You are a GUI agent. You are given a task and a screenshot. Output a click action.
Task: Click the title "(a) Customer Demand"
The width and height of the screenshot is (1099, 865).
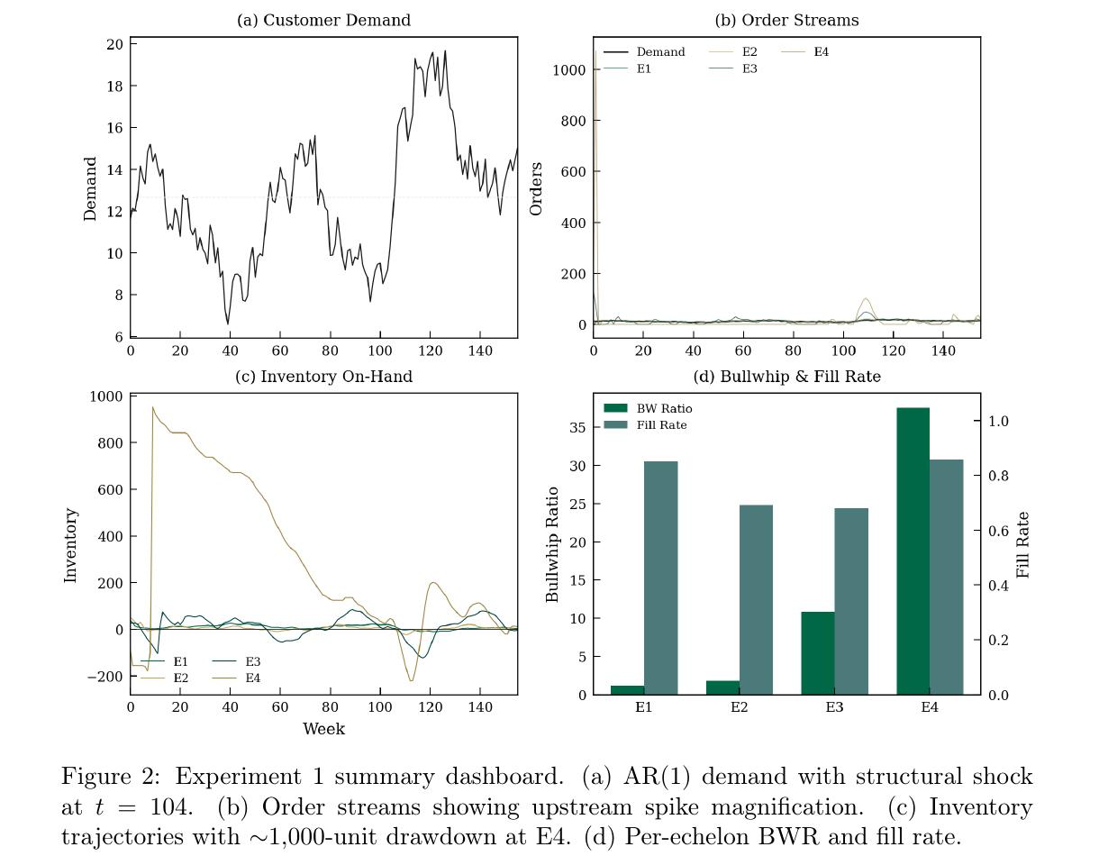coord(323,20)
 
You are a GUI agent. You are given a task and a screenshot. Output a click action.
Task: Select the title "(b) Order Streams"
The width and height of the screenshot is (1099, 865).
coord(786,20)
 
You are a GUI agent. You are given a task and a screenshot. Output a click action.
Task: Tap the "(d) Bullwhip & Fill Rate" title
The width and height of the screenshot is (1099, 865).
coord(786,377)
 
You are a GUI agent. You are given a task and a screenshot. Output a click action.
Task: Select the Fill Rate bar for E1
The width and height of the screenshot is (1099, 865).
coord(660,578)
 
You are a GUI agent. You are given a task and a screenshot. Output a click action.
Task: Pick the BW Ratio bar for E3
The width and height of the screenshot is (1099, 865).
coord(817,653)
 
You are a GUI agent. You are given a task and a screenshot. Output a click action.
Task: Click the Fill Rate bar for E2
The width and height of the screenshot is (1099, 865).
coord(756,600)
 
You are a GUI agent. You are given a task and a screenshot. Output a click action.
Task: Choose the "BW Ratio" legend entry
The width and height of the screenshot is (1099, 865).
coord(662,408)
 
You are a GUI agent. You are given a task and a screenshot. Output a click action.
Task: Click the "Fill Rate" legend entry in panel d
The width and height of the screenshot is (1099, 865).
coord(662,424)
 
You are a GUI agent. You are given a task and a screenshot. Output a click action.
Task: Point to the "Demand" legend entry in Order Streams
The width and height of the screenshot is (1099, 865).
coord(659,52)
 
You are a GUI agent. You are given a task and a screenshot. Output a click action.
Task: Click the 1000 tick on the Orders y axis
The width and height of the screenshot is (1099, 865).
coord(570,70)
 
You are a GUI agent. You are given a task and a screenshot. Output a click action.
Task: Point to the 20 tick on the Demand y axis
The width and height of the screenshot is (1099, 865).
coord(114,44)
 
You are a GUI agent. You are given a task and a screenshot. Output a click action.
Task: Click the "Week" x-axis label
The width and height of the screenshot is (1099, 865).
coord(323,729)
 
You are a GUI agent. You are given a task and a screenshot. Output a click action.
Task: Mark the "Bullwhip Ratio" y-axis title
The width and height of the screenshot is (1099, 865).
coord(553,544)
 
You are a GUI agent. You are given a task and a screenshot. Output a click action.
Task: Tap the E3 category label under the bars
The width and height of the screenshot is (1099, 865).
coord(834,707)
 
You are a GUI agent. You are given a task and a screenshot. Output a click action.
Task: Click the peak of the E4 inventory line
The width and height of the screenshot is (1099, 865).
coord(153,407)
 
